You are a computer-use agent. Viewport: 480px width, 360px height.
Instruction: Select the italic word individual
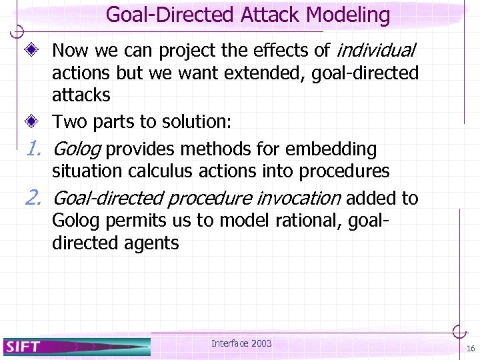tap(377, 50)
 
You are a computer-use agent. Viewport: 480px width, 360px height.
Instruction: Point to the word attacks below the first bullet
tap(81, 95)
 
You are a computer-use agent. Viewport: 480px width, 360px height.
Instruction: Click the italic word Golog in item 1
tap(76, 149)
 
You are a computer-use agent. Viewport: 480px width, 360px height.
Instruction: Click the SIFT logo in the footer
tap(24, 346)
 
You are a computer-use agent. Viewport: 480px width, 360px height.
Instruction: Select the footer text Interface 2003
tap(241, 343)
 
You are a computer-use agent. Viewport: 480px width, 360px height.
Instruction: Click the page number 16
tap(470, 349)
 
